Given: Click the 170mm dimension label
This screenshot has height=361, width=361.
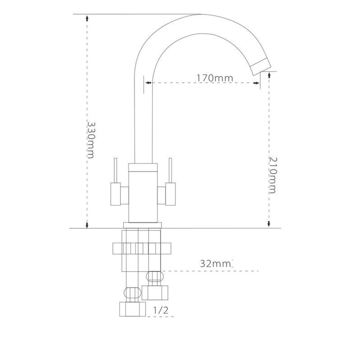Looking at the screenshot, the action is pyautogui.click(x=215, y=78).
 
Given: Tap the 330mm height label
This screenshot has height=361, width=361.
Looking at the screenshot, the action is pyautogui.click(x=91, y=140).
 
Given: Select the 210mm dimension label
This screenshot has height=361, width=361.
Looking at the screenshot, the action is pyautogui.click(x=273, y=175).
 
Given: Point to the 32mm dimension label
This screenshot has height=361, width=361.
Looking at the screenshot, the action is pyautogui.click(x=215, y=264).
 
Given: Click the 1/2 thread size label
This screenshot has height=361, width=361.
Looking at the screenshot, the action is pyautogui.click(x=161, y=310).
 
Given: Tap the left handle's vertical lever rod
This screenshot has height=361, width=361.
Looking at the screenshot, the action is pyautogui.click(x=116, y=171).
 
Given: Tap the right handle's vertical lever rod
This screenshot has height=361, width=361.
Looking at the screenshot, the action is pyautogui.click(x=171, y=171).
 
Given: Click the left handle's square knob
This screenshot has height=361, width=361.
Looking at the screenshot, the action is pyautogui.click(x=116, y=194).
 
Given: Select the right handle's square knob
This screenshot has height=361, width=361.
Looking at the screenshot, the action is pyautogui.click(x=171, y=194).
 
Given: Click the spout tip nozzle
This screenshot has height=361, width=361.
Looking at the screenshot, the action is pyautogui.click(x=261, y=66).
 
